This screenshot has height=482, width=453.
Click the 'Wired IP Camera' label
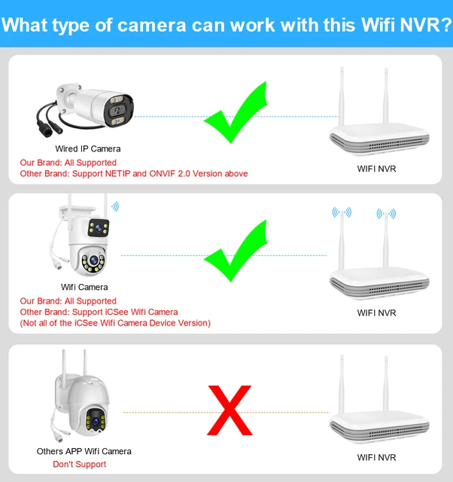point(88,149)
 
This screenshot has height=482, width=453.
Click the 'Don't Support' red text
point(80,464)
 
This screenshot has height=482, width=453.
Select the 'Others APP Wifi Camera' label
point(84,452)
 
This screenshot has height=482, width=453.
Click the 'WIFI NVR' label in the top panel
point(375,169)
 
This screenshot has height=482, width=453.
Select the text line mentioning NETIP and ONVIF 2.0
point(133,174)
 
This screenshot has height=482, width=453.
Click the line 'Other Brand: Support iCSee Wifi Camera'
point(99,312)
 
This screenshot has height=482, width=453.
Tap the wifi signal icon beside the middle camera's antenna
point(114,205)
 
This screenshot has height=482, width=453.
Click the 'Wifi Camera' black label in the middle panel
point(84,287)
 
